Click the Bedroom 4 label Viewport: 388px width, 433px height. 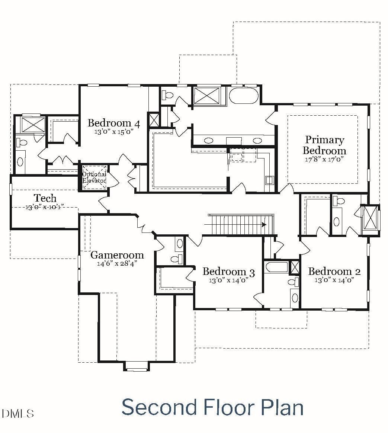(x=114, y=123)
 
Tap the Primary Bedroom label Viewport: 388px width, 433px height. (x=324, y=145)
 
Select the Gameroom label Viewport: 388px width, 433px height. (x=117, y=255)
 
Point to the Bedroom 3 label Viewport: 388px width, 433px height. (x=229, y=272)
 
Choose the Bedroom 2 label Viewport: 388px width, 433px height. (x=334, y=272)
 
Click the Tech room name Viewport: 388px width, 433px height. (x=45, y=198)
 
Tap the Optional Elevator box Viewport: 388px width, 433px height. (x=94, y=177)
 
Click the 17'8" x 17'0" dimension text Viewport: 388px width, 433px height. (x=324, y=159)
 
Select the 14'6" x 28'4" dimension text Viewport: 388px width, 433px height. (x=117, y=263)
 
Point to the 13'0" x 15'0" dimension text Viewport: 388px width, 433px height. (x=114, y=132)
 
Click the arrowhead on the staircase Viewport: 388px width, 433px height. (x=264, y=225)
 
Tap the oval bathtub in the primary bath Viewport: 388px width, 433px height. (x=244, y=96)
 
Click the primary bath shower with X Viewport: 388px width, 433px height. (x=207, y=96)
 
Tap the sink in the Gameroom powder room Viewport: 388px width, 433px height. (x=180, y=244)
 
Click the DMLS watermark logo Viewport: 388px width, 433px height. (x=17, y=413)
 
